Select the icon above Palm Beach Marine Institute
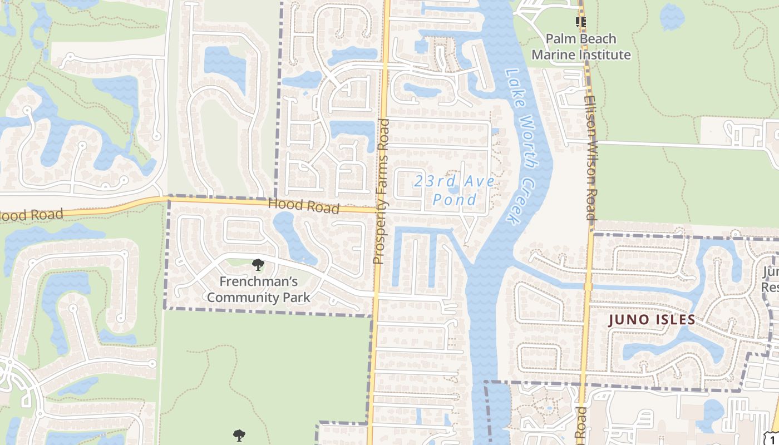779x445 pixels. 581,22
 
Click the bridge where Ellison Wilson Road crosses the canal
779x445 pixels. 588,286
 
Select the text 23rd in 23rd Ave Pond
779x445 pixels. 432,181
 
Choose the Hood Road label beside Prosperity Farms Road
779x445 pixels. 303,205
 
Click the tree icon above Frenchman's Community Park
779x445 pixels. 258,264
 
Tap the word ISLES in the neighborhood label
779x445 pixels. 674,320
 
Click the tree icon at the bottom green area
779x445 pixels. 239,435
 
